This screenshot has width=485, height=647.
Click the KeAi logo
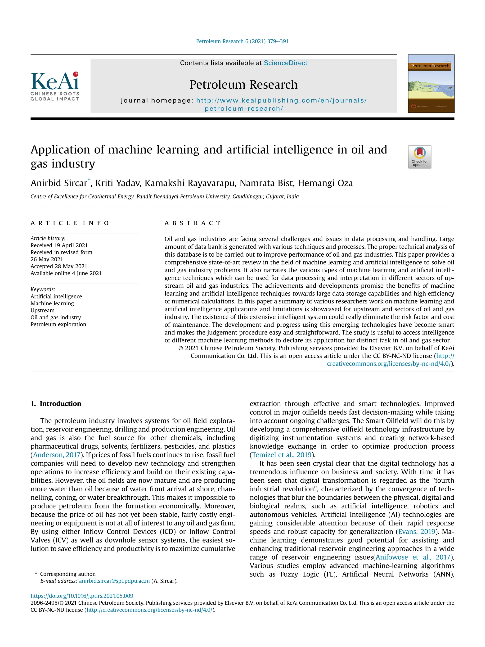coord(55,86)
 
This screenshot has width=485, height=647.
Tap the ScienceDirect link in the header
coord(285,63)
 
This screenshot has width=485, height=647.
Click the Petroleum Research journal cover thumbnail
coord(431,84)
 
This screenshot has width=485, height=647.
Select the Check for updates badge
coord(419,157)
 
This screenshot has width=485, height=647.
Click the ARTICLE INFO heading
coord(70,223)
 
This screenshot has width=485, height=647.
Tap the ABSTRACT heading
coord(192,223)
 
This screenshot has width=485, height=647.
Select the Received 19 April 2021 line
coord(59,245)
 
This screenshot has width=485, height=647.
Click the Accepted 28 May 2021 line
coord(59,266)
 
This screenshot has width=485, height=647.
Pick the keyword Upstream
coord(42,310)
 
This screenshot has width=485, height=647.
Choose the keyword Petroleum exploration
coord(58,324)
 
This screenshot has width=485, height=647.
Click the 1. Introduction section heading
coord(56,404)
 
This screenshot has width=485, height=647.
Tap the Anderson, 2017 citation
coord(56,455)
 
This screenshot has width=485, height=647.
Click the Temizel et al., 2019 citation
coord(282,455)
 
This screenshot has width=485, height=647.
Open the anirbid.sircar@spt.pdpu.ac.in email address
coord(114,581)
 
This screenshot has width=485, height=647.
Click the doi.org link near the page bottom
coord(82,596)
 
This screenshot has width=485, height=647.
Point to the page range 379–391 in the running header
coord(278,41)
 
